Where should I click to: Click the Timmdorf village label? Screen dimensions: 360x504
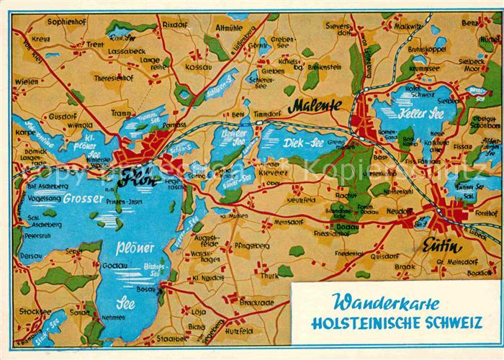[266, 114]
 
